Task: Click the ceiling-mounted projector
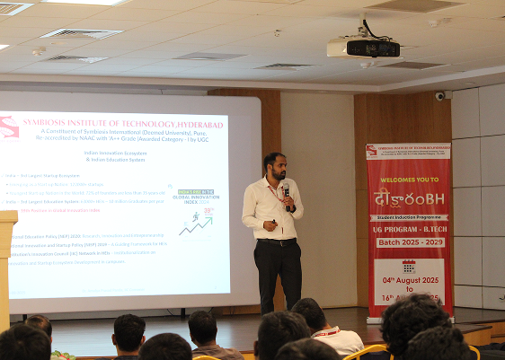[362, 48]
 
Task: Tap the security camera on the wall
[439, 95]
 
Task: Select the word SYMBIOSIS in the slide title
[55, 124]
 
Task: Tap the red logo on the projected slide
[10, 127]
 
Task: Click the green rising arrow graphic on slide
[195, 226]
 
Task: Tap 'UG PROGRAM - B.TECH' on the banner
[409, 229]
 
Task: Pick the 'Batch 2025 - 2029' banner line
[409, 243]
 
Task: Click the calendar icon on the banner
[409, 267]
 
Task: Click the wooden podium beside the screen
[6, 260]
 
